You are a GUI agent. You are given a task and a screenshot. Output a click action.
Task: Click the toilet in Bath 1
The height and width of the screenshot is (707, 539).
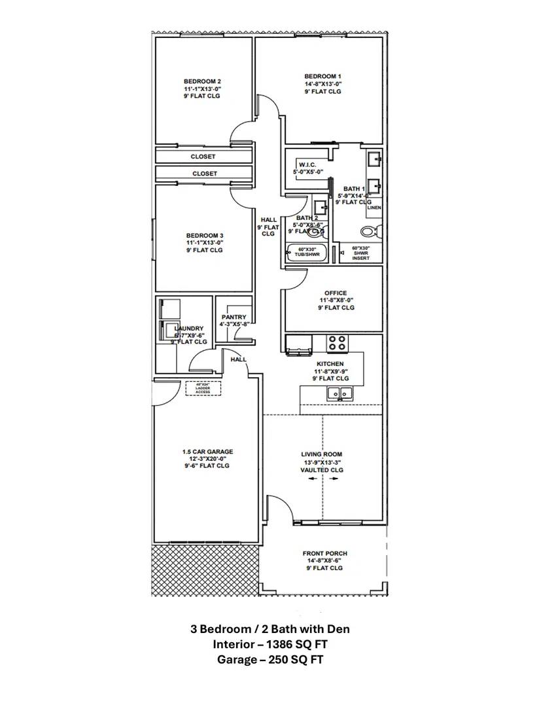[x=370, y=230]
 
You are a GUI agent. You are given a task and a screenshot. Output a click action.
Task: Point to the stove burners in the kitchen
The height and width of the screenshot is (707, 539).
[x=337, y=344]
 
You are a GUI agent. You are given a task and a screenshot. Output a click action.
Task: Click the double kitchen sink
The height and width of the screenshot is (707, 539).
[x=339, y=393]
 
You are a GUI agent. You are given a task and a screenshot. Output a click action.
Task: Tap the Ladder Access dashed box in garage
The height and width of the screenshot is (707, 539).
[x=203, y=389]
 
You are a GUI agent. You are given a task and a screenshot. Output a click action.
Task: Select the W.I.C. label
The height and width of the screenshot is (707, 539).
[x=308, y=164]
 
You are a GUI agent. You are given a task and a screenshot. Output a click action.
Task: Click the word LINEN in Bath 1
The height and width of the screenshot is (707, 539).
[x=374, y=208]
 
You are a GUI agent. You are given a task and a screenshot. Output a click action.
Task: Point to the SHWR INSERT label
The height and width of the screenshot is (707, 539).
[x=360, y=254]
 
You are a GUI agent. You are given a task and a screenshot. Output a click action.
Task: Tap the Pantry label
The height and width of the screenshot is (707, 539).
[x=234, y=317]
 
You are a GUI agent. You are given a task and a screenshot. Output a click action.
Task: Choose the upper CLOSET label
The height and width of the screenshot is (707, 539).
[x=204, y=156]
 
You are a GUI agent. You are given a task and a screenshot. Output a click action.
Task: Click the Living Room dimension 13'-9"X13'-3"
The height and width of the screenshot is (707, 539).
[x=321, y=462]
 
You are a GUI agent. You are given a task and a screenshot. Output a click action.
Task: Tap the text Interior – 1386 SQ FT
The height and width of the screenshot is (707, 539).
[x=269, y=644]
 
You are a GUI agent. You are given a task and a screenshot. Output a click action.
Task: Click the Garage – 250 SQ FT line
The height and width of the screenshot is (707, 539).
[x=269, y=660]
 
